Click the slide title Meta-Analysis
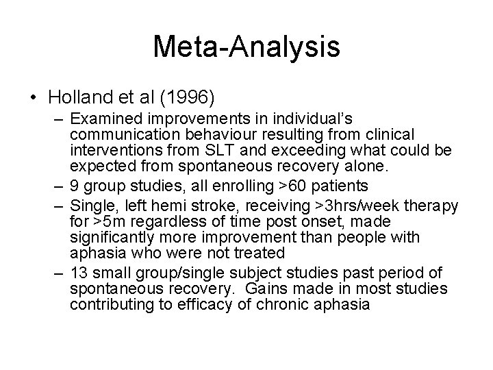pyautogui.click(x=246, y=47)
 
